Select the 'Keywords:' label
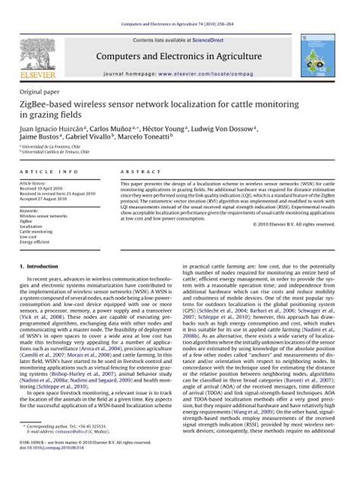pyautogui.click(x=30, y=210)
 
